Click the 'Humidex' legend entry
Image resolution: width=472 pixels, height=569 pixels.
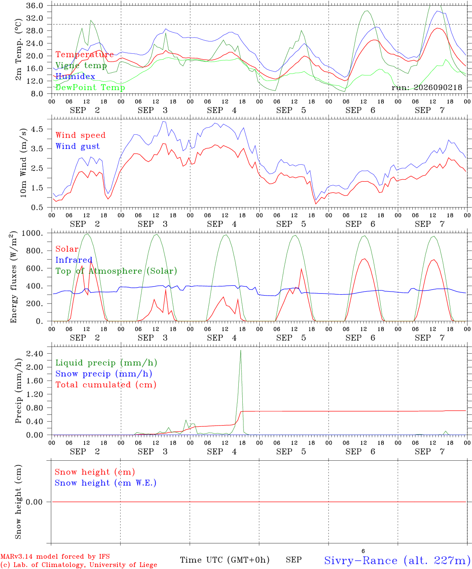(75, 76)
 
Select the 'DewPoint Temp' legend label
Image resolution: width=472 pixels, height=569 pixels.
(90, 87)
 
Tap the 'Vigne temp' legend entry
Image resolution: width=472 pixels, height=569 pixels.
(81, 66)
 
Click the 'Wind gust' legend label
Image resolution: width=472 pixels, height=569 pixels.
(78, 146)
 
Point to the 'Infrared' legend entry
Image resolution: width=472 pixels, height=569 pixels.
(74, 260)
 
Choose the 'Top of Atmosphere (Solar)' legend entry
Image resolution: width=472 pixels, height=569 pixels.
(117, 271)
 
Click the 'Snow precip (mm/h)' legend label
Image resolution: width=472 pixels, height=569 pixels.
(104, 374)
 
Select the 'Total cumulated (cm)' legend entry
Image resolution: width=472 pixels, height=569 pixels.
(106, 385)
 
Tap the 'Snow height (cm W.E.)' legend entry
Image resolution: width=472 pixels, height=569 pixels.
(106, 483)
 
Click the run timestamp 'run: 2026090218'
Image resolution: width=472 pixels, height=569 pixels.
(427, 87)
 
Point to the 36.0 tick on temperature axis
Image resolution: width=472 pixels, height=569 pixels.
(35, 6)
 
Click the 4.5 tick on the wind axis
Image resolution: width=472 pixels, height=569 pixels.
(37, 129)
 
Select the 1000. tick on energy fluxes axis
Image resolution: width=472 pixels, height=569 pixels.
(32, 233)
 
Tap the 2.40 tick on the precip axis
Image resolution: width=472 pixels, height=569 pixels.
(35, 354)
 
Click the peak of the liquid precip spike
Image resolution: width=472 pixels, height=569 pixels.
(240, 350)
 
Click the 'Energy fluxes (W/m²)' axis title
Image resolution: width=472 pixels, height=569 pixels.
(13, 277)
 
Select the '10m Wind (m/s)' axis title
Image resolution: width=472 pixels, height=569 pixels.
(23, 163)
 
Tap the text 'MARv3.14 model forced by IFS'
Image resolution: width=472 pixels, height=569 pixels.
(55, 556)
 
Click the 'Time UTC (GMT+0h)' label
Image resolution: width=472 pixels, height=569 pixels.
(225, 560)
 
